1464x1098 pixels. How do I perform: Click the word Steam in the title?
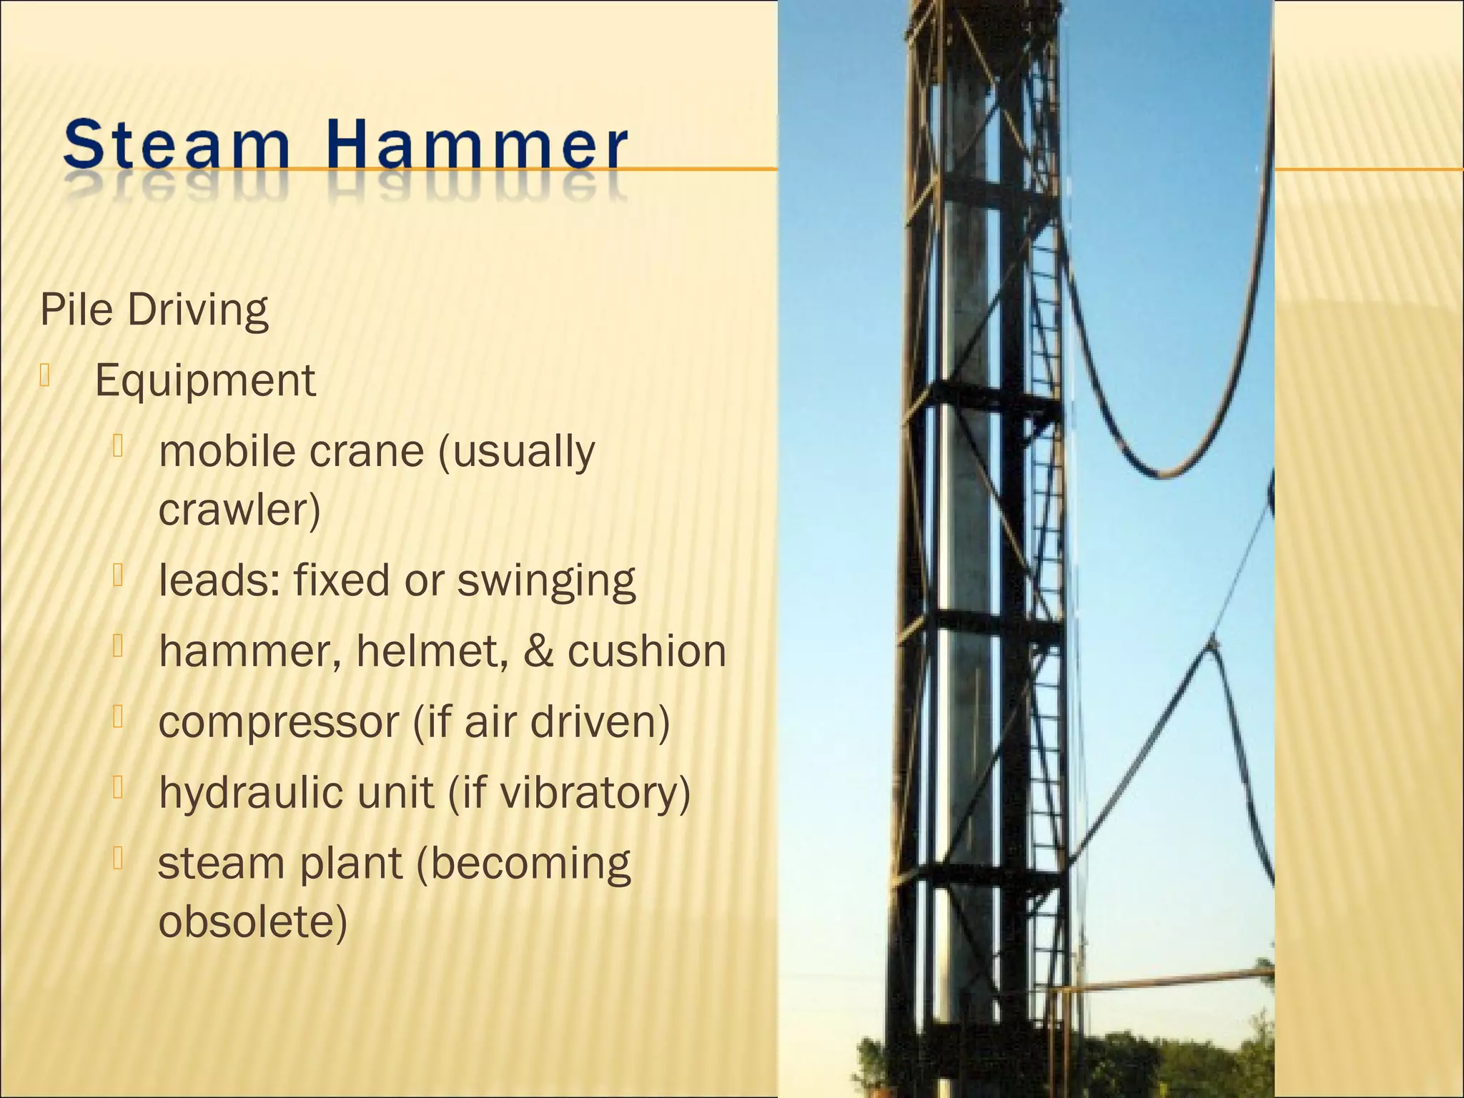pos(176,147)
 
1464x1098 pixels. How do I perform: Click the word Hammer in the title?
pos(478,147)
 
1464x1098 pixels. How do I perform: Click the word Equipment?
pos(205,381)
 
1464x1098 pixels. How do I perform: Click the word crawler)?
pos(239,510)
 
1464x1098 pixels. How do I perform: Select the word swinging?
pos(545,581)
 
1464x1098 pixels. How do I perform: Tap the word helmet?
pos(432,651)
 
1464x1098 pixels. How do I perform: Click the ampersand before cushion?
pos(538,651)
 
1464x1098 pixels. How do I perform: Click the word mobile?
pos(221,451)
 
